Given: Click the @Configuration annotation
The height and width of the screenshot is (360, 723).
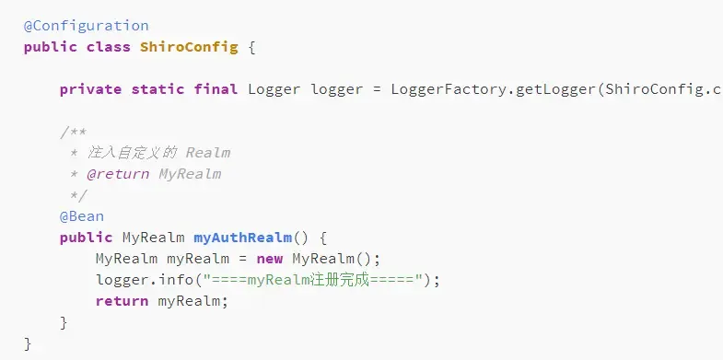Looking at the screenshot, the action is coord(86,26).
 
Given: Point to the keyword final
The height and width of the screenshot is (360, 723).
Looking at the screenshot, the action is coord(216,89).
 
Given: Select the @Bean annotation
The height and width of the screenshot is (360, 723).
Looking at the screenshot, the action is coord(82,216).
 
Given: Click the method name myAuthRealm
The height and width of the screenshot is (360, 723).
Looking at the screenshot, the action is coord(243,238).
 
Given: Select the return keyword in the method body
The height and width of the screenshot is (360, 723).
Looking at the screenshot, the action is coord(122,301).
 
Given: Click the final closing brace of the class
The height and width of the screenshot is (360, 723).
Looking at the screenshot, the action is coord(28,343).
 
